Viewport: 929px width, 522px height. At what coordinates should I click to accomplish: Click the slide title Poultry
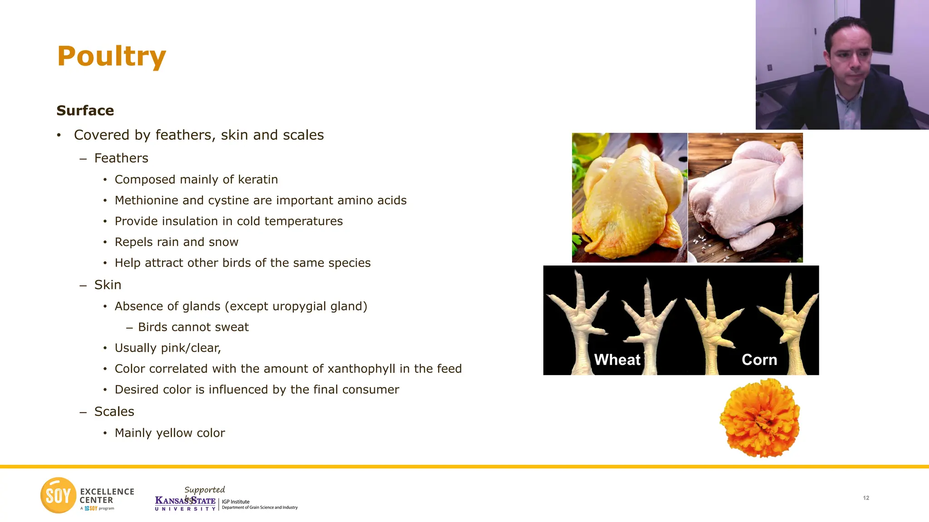(112, 56)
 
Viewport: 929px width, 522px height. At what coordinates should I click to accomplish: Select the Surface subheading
(85, 111)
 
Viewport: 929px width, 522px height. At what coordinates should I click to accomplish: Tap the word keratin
(258, 179)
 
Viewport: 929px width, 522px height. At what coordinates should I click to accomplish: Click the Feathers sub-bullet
(121, 158)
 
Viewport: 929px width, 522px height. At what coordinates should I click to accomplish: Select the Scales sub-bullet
(114, 411)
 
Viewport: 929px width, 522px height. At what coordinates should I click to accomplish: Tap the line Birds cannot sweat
(193, 327)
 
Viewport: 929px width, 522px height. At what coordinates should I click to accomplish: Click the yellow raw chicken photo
(630, 198)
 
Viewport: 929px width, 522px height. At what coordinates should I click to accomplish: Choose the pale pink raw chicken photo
(745, 198)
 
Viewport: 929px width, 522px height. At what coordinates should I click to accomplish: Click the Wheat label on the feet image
(617, 360)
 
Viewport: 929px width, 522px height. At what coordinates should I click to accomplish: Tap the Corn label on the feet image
(759, 360)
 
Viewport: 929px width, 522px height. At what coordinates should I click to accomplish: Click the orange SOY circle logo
(58, 495)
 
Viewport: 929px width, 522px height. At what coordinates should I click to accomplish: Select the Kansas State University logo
(185, 503)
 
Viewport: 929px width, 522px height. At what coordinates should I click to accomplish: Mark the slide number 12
(866, 498)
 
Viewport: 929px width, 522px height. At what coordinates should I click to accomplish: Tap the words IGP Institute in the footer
(235, 502)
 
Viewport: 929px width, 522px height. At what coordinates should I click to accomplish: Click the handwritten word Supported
(205, 490)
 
